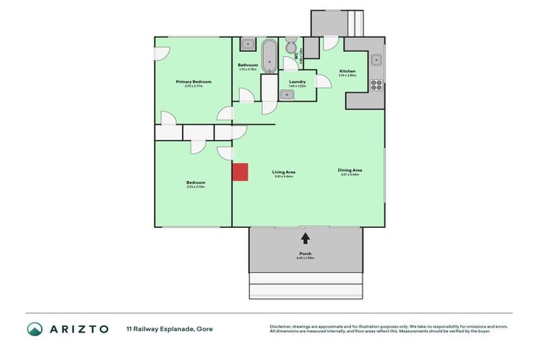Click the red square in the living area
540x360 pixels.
click(x=240, y=172)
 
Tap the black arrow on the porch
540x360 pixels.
click(x=304, y=239)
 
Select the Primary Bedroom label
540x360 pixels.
click(x=193, y=82)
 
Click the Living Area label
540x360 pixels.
click(x=284, y=172)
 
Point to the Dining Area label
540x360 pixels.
click(x=349, y=169)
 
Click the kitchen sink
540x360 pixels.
click(x=376, y=59)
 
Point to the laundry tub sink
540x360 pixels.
click(x=288, y=95)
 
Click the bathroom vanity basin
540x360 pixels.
click(x=247, y=45)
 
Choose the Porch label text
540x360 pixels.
click(x=305, y=253)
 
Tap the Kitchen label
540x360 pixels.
click(x=347, y=71)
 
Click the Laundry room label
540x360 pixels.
click(x=297, y=82)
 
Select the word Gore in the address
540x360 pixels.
click(x=205, y=328)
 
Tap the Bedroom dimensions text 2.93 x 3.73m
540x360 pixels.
click(x=195, y=187)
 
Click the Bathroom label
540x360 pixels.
click(x=248, y=65)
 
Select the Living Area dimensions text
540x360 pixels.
click(x=284, y=176)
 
